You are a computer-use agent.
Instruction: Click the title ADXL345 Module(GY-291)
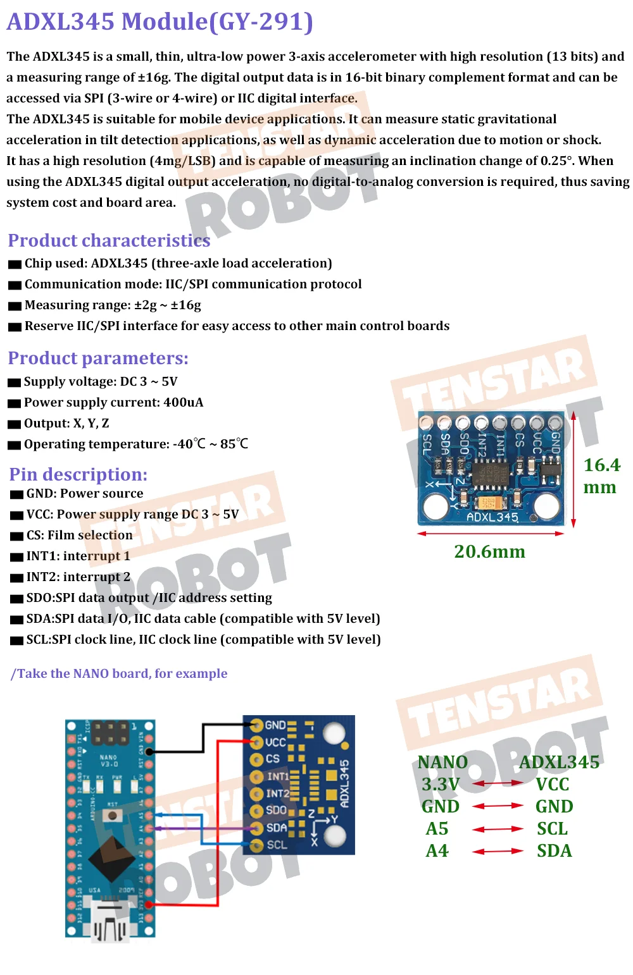[x=160, y=21]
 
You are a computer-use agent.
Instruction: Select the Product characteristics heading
[x=109, y=240]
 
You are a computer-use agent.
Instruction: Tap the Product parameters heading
[x=98, y=358]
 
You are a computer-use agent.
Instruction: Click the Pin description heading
[x=78, y=474]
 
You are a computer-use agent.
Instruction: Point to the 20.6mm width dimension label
[x=489, y=551]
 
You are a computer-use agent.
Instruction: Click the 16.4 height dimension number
[x=601, y=465]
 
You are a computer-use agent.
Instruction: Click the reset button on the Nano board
[x=113, y=815]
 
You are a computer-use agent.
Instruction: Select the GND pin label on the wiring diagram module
[x=275, y=725]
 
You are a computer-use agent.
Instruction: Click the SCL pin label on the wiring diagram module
[x=277, y=845]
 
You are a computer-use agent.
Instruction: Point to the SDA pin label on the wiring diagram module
[x=277, y=828]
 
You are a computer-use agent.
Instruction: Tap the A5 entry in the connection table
[x=437, y=828]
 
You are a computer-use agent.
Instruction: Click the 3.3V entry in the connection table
[x=441, y=785]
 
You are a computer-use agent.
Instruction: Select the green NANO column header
[x=442, y=762]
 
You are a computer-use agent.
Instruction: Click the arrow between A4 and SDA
[x=498, y=851]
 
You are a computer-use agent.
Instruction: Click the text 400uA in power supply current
[x=183, y=402]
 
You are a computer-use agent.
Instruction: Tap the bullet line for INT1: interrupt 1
[x=78, y=556]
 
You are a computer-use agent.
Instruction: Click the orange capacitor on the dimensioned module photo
[x=487, y=503]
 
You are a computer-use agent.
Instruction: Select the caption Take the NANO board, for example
[x=120, y=673]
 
